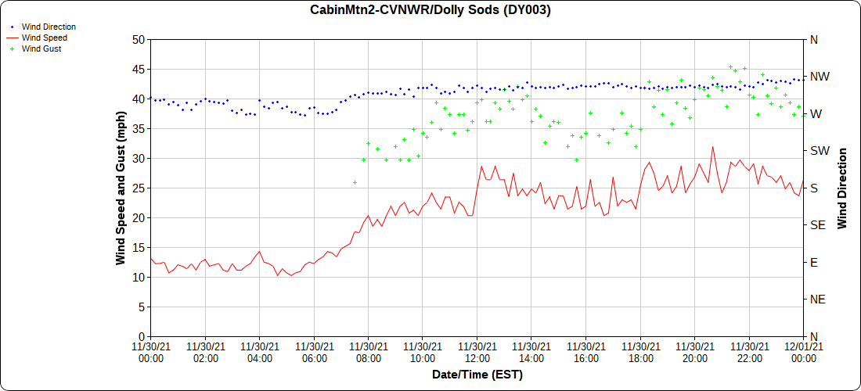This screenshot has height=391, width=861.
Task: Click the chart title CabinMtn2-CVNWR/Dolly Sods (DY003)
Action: pos(430,10)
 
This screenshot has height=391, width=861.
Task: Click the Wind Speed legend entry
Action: pos(44,38)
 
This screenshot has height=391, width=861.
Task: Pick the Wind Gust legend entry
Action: pos(41,48)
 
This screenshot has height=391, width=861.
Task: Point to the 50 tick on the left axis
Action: pos(139,40)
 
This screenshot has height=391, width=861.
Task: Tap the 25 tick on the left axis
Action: pos(139,188)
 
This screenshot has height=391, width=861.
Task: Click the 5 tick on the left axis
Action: pos(141,307)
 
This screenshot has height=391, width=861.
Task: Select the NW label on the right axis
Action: pos(819,77)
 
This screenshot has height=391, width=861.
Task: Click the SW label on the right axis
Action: pos(819,151)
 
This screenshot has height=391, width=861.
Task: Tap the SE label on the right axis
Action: pos(817,225)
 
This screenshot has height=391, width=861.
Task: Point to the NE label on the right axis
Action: pos(817,300)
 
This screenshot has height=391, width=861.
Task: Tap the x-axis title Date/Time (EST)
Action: pos(477,375)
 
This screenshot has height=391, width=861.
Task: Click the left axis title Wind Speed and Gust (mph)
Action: pos(121,188)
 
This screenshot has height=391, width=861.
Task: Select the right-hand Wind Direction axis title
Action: pos(842,188)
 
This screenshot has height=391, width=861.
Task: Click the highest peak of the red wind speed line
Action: pos(712,146)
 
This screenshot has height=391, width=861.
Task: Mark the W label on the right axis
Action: pos(816,114)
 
